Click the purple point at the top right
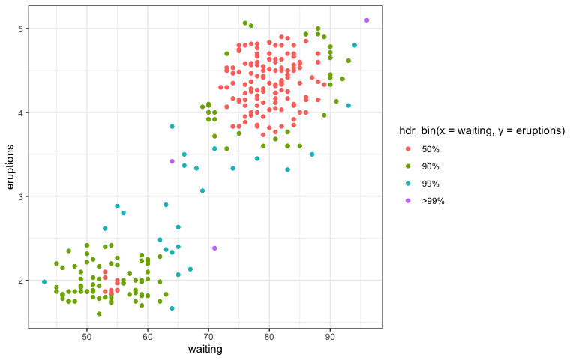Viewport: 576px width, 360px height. tap(367, 20)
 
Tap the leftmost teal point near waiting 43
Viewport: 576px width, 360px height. tap(44, 282)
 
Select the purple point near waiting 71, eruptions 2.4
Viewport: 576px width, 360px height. tap(214, 248)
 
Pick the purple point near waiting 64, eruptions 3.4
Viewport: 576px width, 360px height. tap(172, 161)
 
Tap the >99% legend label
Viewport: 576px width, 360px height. tap(433, 200)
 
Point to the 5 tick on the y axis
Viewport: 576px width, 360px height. tap(22, 28)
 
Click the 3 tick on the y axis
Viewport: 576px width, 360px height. tap(22, 196)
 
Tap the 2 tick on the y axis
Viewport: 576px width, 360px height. tap(22, 280)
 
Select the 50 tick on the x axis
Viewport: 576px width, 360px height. tap(86, 337)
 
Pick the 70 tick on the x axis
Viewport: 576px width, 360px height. tap(208, 337)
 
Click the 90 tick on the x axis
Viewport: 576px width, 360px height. tap(330, 337)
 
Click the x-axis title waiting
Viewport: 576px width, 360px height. tap(205, 349)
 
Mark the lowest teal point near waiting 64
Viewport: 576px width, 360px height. tap(172, 308)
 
